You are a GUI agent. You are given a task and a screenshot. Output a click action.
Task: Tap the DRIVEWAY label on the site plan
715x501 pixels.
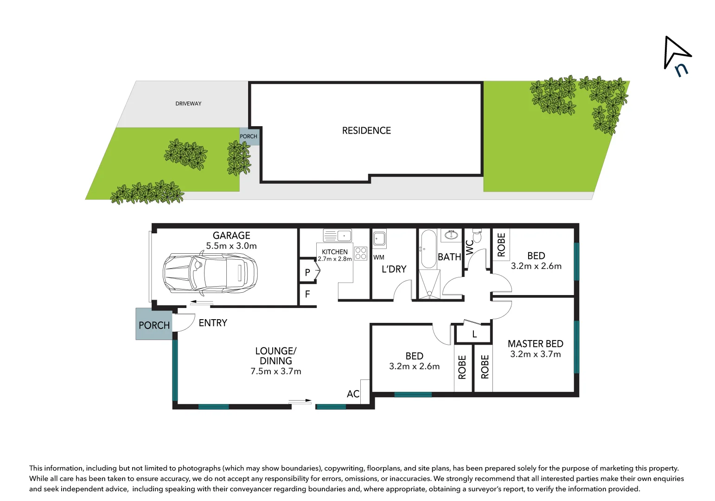pos(188,103)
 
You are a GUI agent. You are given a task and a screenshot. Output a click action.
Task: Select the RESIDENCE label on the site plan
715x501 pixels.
pos(366,131)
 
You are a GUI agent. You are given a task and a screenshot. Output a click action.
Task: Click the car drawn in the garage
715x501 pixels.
pos(210,273)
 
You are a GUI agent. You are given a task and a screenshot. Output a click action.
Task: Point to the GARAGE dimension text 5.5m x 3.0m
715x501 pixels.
pos(231,246)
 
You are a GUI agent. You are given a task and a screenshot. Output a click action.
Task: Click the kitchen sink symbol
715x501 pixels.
pos(337,236)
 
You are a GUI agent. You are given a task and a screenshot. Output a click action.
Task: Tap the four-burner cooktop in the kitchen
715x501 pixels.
pos(361,253)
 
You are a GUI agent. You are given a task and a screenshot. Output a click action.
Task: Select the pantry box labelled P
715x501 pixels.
pos(307,273)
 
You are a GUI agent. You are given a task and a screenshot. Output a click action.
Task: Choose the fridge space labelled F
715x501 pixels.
pos(307,294)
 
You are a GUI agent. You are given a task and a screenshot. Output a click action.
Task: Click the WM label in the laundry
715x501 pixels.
pos(379,257)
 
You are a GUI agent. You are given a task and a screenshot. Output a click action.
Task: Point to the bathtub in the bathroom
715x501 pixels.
pos(428,249)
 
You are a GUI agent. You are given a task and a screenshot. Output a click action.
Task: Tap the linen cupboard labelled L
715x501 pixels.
pos(474,334)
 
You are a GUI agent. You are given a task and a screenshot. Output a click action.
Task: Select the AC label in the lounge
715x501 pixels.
pos(353,394)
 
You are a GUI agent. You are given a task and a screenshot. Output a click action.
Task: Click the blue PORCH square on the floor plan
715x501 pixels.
pos(154,325)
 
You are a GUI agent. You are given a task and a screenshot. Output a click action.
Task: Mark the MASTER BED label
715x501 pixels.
pos(536,344)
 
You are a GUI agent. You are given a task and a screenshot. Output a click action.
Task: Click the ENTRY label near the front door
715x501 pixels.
pos(213,323)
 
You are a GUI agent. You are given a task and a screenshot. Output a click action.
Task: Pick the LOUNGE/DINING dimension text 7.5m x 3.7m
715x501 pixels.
pos(276,371)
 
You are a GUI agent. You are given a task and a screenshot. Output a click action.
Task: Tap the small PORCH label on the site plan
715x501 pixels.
pos(249,136)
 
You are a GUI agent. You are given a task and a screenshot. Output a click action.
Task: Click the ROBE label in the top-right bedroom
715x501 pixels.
pos(501,244)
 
